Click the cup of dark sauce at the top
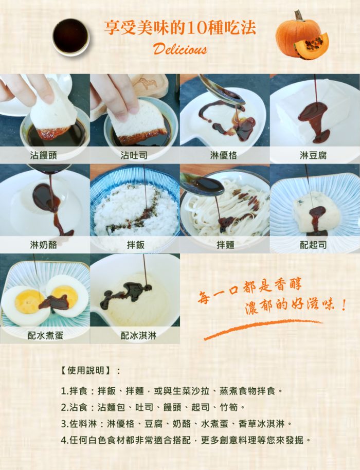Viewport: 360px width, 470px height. click(x=70, y=35)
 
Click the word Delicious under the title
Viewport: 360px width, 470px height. click(x=180, y=49)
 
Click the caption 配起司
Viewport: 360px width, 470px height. click(x=314, y=245)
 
